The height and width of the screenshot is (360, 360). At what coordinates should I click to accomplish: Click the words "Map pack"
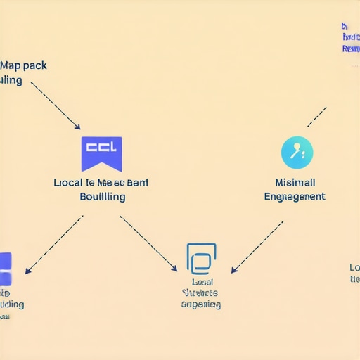coord(24,65)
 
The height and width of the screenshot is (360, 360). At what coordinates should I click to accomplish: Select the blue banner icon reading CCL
coord(102,153)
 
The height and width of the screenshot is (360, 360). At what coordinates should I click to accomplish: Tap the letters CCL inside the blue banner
coord(102,148)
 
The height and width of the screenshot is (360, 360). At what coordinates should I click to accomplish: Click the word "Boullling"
coord(103,196)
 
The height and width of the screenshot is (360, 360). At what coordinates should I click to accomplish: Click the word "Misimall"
coord(295,182)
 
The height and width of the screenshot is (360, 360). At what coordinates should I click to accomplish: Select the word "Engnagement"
coord(295,196)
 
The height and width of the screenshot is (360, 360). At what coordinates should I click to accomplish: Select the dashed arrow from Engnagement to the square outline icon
coord(257,247)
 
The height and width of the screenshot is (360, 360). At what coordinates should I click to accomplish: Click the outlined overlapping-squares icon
coord(201,259)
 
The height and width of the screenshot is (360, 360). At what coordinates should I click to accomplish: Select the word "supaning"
coord(200,304)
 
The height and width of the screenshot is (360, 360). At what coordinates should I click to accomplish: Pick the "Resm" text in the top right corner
coord(350,49)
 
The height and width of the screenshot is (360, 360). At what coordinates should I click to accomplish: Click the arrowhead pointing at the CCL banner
coord(77,127)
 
